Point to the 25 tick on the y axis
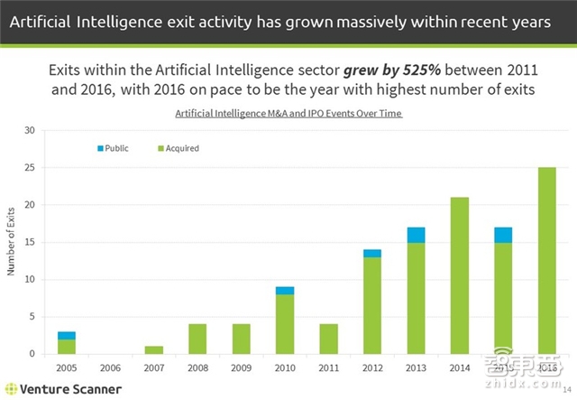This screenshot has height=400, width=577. click(x=29, y=167)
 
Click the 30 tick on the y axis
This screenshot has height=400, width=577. click(x=29, y=130)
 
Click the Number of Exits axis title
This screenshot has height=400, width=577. click(x=12, y=242)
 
